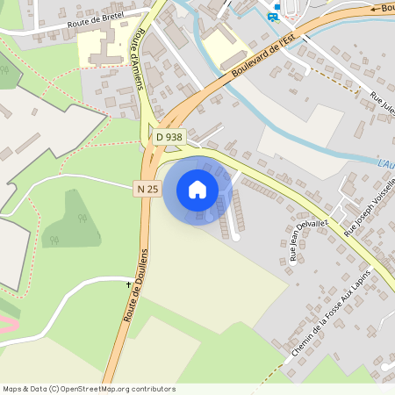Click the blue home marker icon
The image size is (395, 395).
pos(197,190)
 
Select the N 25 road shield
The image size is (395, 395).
pos(147,189)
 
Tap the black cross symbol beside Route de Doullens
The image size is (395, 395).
pos(128,284)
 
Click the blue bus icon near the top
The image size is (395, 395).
pos(275,16)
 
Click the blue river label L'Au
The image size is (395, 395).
pos(385,164)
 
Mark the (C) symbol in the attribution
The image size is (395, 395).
pos(54,389)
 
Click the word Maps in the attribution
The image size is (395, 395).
pos(12,389)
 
